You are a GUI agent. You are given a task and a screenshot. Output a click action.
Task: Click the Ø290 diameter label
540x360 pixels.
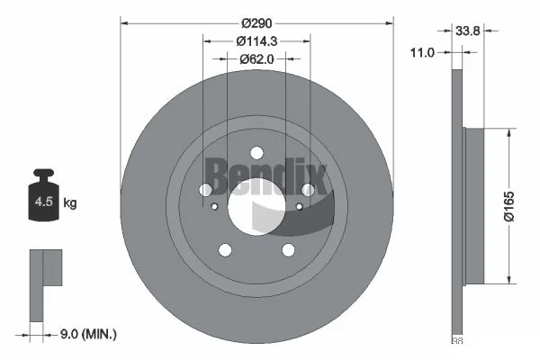pos(256,23)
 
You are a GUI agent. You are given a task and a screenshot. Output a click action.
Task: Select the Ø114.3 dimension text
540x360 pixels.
pos(256,41)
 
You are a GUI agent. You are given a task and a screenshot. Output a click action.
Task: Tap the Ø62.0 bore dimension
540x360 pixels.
pos(256,59)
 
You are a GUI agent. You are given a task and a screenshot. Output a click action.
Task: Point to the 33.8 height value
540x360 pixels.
pos(468,31)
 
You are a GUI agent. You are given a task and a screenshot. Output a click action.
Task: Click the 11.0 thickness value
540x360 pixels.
pos(422,53)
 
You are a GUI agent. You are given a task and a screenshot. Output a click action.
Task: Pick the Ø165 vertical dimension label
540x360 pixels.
pos(508,206)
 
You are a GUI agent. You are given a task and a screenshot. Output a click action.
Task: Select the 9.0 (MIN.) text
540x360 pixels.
pos(88,334)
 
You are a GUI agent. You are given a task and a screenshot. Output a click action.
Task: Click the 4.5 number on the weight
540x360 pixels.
pos(44,202)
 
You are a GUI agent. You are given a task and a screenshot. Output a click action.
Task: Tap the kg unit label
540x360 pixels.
pos(70,202)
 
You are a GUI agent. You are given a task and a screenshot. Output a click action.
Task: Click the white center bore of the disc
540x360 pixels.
pos(256,207)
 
